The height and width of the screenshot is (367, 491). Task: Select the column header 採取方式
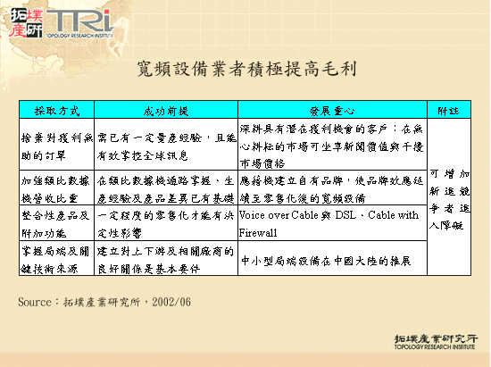coord(57,111)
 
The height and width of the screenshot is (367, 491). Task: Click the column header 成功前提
coord(166,111)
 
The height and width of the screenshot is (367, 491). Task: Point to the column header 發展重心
coord(331,111)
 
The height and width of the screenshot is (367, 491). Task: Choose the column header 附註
coord(448,111)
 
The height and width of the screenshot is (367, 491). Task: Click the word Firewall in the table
coord(260,232)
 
